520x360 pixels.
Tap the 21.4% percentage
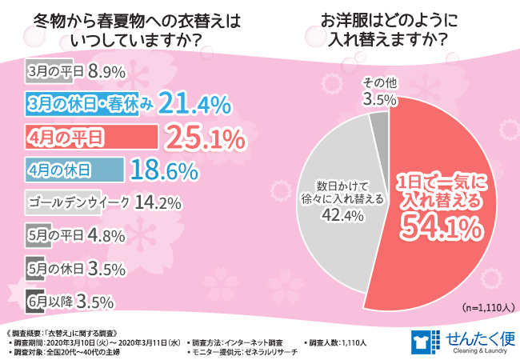[194, 103]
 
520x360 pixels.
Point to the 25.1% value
[204, 138]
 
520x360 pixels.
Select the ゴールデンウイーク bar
[71, 203]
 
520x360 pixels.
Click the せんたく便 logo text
[473, 335]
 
